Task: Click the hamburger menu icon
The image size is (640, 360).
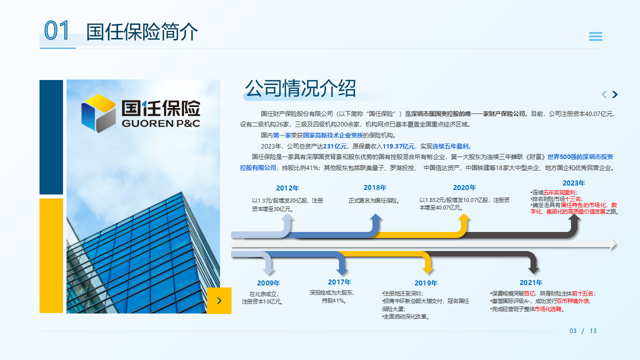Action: [x=595, y=36]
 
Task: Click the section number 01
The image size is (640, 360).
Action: [x=56, y=31]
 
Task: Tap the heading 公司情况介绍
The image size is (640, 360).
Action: [x=300, y=88]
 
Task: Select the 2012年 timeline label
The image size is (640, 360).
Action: [x=287, y=188]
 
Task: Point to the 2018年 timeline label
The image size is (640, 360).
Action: [x=375, y=188]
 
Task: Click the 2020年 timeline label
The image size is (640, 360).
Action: [x=464, y=188]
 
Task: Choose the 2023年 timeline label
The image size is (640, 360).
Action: [x=573, y=183]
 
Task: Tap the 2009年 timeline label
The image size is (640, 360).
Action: [x=268, y=283]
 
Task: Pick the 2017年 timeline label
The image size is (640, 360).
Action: [x=339, y=282]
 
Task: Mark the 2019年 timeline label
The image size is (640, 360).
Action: [x=426, y=283]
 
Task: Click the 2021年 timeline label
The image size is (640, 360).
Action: [x=531, y=283]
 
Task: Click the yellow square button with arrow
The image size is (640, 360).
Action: [x=219, y=300]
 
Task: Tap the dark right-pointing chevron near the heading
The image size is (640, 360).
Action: [x=615, y=94]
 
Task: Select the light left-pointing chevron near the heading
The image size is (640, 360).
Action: [x=604, y=94]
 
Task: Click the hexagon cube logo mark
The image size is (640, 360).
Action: [x=98, y=113]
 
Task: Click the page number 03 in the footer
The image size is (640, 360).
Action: [x=573, y=331]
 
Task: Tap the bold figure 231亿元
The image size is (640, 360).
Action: [x=334, y=146]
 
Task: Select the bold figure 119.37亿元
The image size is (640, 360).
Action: [x=398, y=146]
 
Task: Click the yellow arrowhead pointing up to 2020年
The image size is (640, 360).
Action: [x=464, y=218]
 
